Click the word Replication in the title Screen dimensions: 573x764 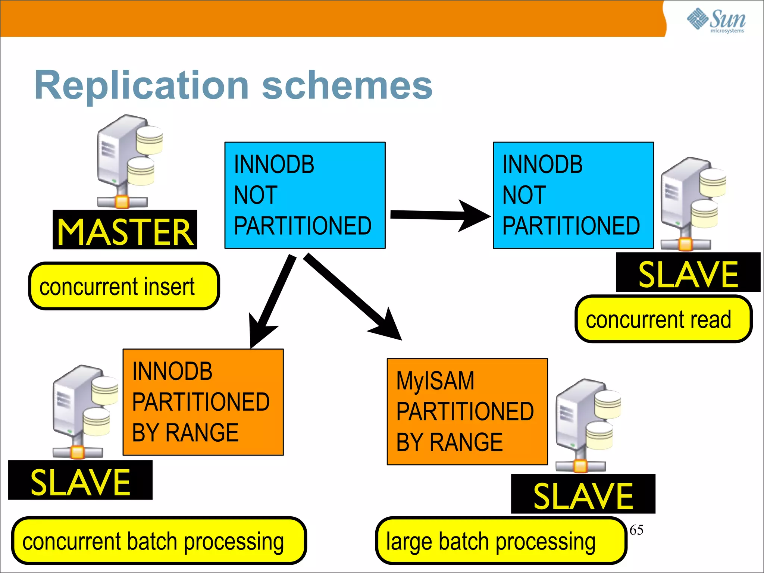(x=141, y=86)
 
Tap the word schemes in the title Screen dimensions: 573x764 (x=347, y=86)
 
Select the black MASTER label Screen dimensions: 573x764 (x=125, y=230)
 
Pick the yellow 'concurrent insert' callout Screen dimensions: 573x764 (x=124, y=286)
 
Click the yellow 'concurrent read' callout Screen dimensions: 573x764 (x=663, y=319)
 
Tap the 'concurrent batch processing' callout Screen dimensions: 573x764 (x=159, y=541)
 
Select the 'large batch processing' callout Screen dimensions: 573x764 (x=501, y=541)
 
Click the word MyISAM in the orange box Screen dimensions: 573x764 (x=435, y=381)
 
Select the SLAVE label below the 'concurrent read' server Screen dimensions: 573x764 (x=688, y=273)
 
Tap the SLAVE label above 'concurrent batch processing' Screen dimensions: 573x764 (x=80, y=480)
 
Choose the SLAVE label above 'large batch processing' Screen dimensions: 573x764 (x=583, y=494)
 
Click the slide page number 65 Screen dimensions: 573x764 (x=636, y=530)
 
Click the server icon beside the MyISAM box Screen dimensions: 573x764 (x=586, y=425)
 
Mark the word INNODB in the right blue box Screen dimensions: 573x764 (x=542, y=165)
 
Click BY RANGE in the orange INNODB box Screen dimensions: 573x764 (x=185, y=433)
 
